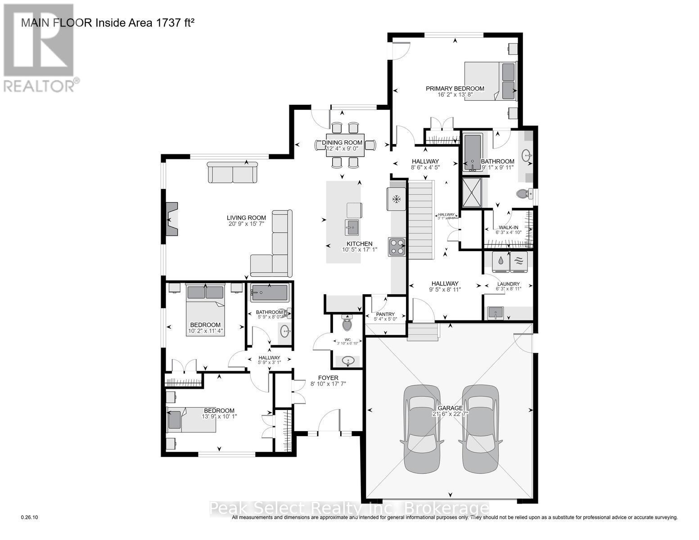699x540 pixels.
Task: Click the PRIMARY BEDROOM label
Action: click(455, 88)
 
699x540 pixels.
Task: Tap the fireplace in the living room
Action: click(171, 219)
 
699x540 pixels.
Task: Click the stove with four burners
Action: click(397, 247)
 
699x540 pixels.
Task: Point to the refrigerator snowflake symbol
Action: click(397, 198)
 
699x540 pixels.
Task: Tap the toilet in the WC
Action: click(347, 323)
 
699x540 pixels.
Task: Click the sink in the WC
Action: click(347, 361)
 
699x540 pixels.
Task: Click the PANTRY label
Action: click(385, 314)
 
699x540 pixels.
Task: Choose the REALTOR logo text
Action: click(40, 85)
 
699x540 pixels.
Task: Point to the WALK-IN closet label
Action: click(506, 227)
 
